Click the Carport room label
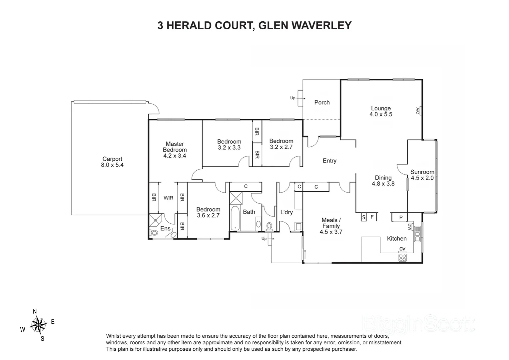click(x=112, y=159)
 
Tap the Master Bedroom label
click(x=175, y=147)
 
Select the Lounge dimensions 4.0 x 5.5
click(x=381, y=114)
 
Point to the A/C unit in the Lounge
click(x=419, y=110)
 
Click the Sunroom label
click(x=422, y=172)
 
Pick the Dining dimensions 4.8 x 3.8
click(x=383, y=183)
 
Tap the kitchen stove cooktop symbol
click(x=402, y=257)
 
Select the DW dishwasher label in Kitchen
click(x=409, y=227)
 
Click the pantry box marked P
click(x=401, y=218)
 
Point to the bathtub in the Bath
click(x=235, y=218)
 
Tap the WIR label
click(x=168, y=198)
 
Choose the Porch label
click(x=322, y=102)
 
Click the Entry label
click(x=329, y=161)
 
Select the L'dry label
click(x=286, y=212)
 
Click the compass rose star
click(x=39, y=325)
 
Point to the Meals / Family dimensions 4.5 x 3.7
click(x=331, y=232)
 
